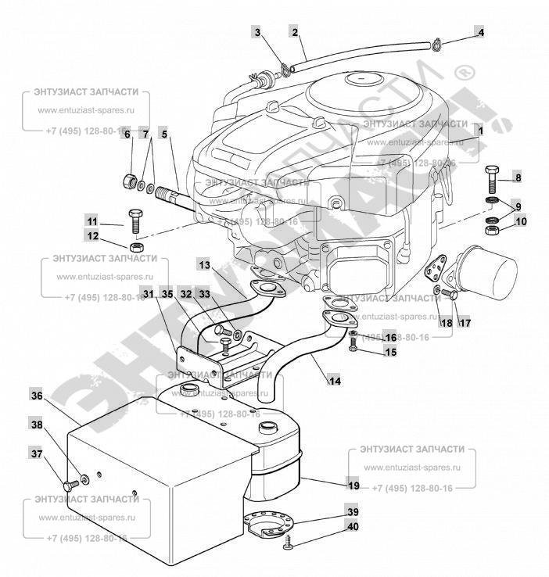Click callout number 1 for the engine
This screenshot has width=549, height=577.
coord(481,132)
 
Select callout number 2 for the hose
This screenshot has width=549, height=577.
coord(294,32)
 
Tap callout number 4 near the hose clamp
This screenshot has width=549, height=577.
coord(481,33)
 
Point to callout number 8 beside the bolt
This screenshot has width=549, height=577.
coord(517,177)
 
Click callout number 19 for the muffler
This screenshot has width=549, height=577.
coord(353,486)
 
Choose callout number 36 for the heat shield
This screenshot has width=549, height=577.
coord(36,396)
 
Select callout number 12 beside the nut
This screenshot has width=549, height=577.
coord(92,237)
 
